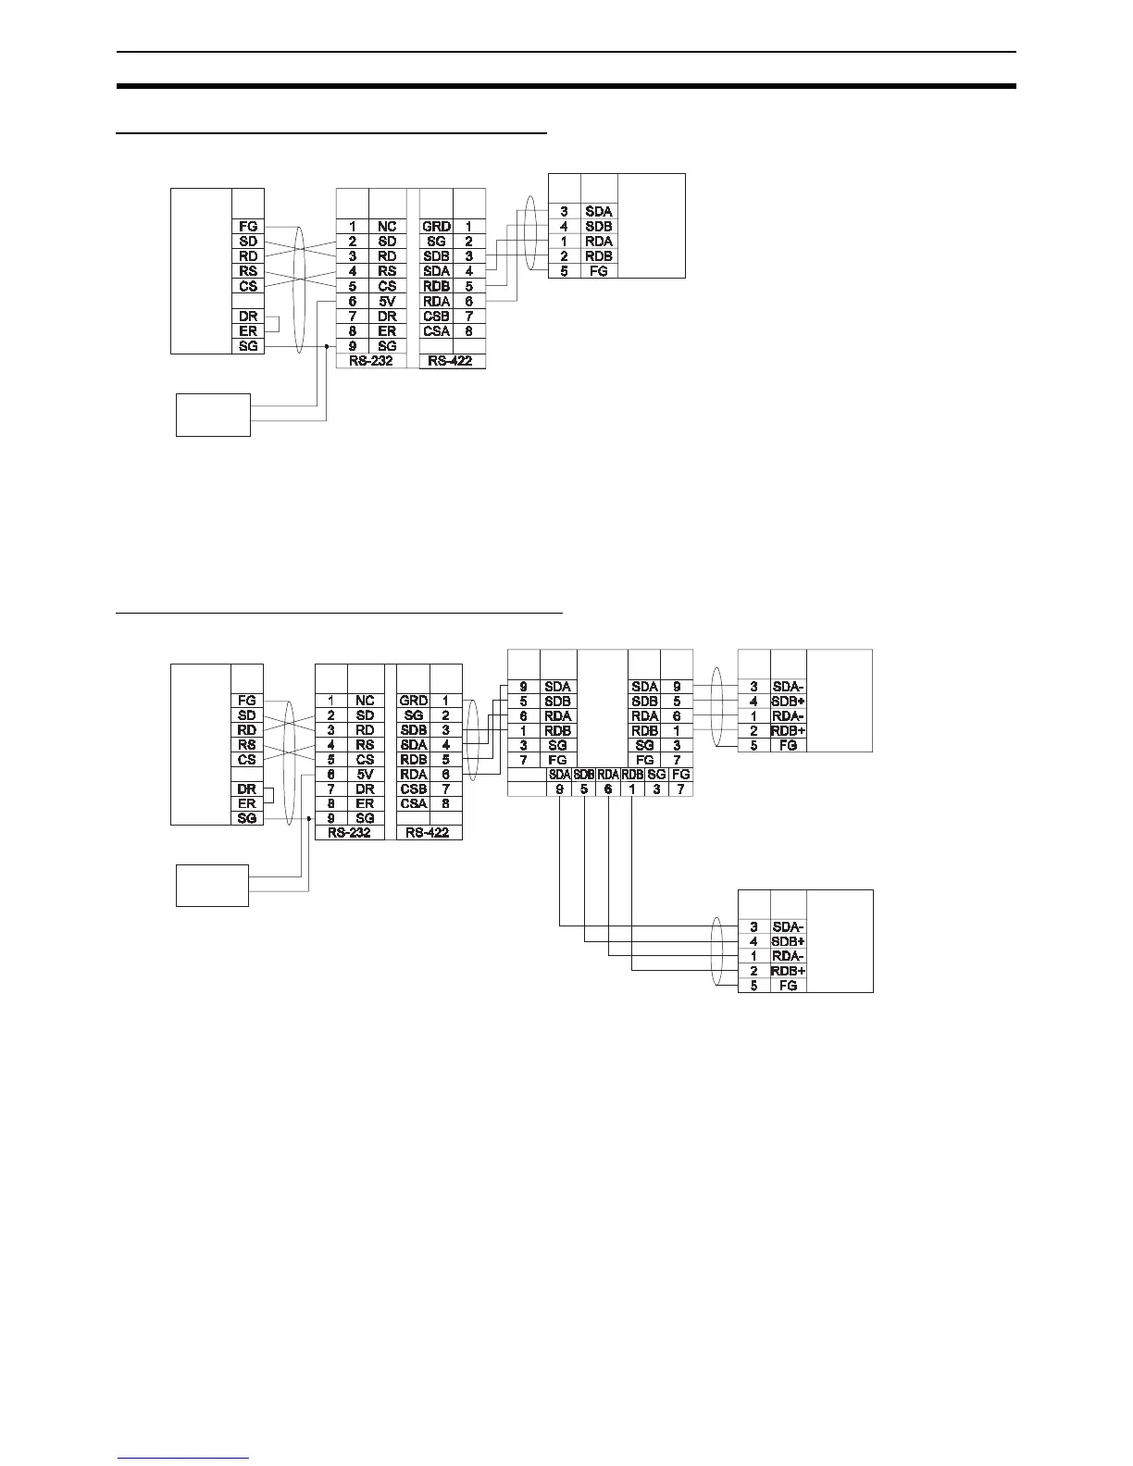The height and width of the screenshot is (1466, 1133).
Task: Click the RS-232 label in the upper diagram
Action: [x=370, y=360]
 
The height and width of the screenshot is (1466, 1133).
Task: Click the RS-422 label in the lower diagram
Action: [x=428, y=833]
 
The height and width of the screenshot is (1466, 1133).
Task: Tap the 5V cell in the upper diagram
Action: [x=387, y=301]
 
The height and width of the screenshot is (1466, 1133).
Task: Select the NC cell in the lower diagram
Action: [x=365, y=701]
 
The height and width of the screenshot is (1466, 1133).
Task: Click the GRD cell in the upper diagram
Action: [x=436, y=226]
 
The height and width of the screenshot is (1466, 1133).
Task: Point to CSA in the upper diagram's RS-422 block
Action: [x=436, y=330]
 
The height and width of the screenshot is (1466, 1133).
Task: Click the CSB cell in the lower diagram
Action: [x=414, y=789]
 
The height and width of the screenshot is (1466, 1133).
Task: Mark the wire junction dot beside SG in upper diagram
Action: [x=326, y=346]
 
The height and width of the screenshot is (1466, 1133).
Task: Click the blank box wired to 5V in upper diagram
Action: [x=213, y=414]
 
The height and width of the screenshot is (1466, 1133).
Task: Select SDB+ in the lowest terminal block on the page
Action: [x=788, y=941]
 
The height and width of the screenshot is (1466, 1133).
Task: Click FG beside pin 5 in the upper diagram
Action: [x=599, y=271]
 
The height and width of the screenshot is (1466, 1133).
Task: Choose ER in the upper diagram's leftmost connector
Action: [x=247, y=330]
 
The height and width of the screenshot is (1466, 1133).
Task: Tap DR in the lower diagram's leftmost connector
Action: [x=246, y=789]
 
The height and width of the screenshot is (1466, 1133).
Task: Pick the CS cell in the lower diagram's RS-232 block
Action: [x=365, y=760]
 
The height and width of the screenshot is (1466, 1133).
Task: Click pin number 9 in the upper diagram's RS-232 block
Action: [x=353, y=346]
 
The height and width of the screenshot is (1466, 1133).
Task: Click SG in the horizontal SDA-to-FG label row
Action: [x=656, y=774]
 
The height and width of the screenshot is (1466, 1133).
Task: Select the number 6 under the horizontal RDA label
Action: [x=608, y=789]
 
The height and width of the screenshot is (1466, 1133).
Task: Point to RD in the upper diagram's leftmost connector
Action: [x=247, y=255]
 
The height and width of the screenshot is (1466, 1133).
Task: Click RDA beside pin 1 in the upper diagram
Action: [x=599, y=241]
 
